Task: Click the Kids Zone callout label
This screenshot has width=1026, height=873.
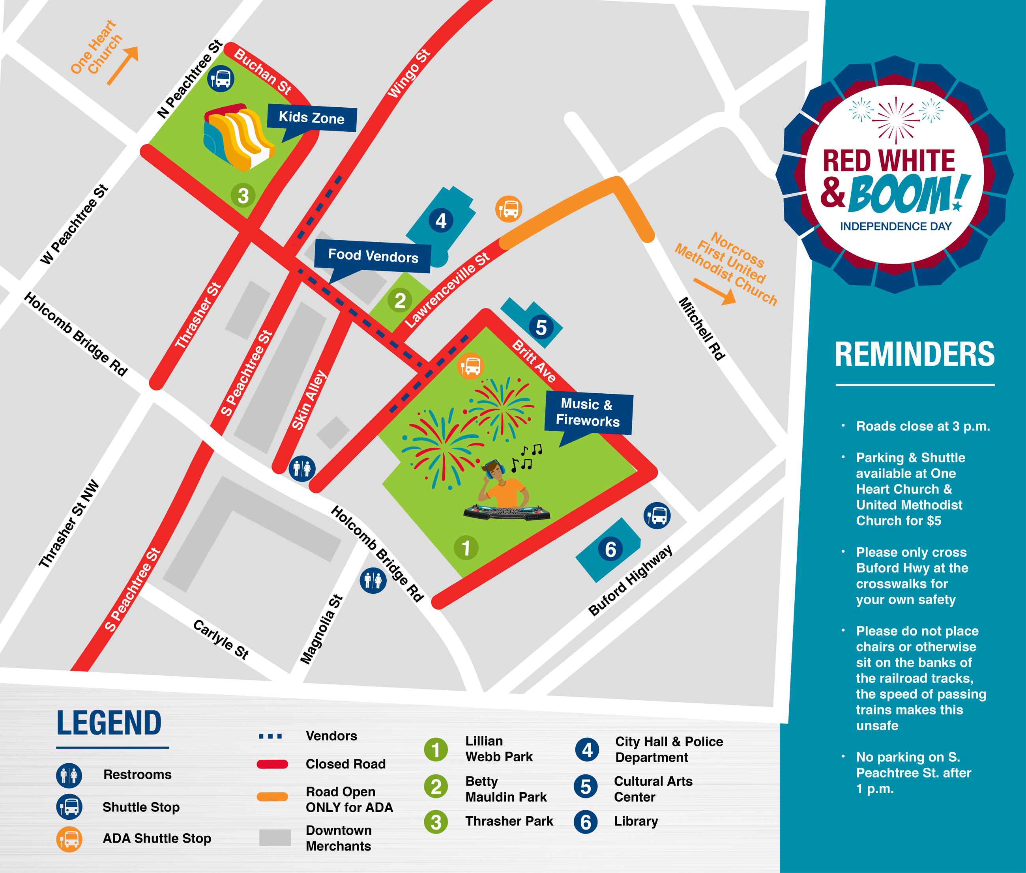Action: tap(311, 118)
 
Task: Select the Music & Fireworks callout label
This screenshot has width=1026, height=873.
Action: tap(588, 412)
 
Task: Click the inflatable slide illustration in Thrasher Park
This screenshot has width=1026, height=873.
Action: tap(237, 136)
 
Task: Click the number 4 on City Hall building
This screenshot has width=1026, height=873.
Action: tap(440, 221)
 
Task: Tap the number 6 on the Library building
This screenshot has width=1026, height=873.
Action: tap(610, 550)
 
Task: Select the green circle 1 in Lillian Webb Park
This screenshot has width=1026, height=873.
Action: tap(466, 548)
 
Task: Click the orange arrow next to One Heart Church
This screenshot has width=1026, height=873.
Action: tap(122, 65)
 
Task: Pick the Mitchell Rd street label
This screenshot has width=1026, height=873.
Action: tap(701, 329)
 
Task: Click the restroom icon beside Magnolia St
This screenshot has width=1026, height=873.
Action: tap(373, 580)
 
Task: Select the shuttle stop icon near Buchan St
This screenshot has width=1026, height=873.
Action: tap(221, 79)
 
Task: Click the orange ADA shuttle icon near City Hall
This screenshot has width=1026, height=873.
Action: tap(508, 209)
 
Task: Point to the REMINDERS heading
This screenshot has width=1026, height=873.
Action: tap(914, 354)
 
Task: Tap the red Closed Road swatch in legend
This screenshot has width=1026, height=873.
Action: tap(272, 764)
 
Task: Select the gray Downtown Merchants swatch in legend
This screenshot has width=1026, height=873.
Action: tap(275, 837)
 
